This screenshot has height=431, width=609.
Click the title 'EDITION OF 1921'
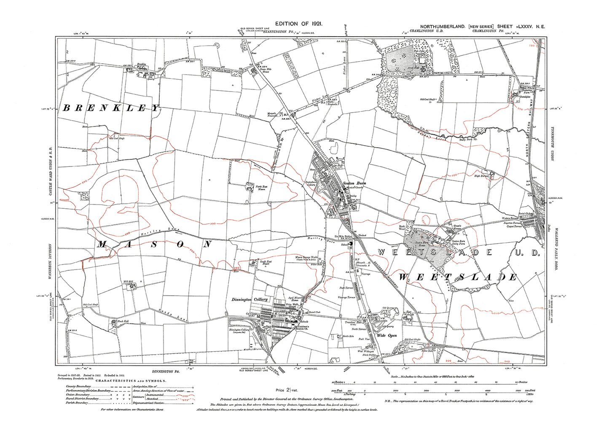point(299,24)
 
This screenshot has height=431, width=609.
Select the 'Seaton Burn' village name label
point(354,183)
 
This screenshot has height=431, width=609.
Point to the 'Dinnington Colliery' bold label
point(250,299)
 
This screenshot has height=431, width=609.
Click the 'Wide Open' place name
point(386,336)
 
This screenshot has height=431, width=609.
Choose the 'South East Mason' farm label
point(266,263)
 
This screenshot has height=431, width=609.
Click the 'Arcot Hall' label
point(413,67)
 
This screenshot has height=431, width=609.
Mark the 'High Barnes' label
point(481,176)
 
